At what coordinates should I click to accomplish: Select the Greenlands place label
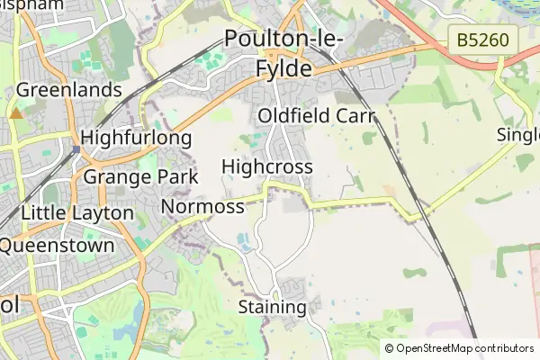click(69, 90)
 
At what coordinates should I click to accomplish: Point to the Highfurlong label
click(136, 138)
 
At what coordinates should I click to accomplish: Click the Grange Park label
click(140, 176)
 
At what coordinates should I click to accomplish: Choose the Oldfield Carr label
click(315, 116)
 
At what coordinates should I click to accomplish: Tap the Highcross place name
click(266, 167)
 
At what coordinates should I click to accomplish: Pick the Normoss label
click(202, 207)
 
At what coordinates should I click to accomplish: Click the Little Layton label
click(76, 213)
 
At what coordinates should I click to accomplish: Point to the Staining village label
click(272, 307)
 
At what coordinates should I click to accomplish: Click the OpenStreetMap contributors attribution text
click(464, 348)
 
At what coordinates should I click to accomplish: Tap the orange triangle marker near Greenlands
click(16, 113)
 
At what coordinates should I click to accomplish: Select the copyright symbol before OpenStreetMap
click(390, 348)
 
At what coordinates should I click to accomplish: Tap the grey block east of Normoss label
click(293, 205)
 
